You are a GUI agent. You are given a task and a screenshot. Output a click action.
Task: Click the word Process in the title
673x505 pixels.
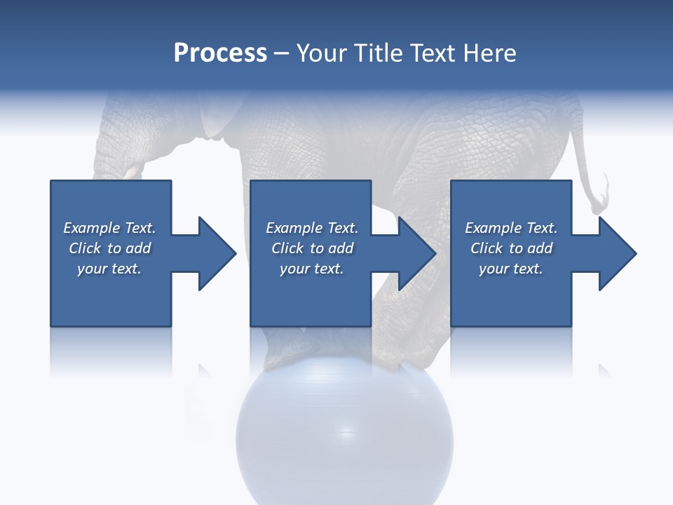coord(220,53)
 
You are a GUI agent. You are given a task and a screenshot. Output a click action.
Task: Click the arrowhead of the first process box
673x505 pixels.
coord(217,253)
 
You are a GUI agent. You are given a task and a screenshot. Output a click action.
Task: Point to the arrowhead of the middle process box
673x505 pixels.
coord(418,253)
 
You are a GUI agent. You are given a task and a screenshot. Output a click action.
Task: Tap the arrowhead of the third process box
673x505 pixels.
coord(618,253)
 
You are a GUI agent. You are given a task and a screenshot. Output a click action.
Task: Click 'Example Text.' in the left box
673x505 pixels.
coord(109,228)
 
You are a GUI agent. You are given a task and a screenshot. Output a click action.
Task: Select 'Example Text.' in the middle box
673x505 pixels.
coord(311,228)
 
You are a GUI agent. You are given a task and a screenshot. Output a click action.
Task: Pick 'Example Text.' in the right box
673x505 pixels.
coord(511,228)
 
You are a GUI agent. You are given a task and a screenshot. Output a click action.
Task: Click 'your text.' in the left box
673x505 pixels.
coord(109,269)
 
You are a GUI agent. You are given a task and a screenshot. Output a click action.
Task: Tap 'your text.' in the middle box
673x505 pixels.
coord(311,269)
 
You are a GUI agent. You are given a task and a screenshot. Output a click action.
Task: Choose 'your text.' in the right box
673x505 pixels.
coord(511,269)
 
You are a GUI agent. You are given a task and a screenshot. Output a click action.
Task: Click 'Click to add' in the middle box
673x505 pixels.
coord(311,248)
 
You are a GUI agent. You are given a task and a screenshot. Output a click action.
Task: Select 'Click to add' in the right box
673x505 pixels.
coord(511,248)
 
